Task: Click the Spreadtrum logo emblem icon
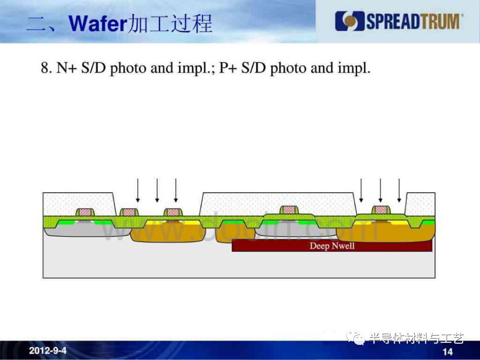coord(349,21)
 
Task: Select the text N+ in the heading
coord(66,68)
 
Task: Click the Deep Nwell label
coord(332,246)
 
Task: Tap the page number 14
coord(448,352)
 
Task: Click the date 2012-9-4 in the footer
coord(48,351)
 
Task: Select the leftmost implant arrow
coord(138,190)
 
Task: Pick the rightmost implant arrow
coord(399,190)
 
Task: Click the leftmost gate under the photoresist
coord(85,212)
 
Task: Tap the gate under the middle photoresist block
coord(289,210)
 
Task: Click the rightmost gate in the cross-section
coord(381,210)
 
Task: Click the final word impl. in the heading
coord(354,68)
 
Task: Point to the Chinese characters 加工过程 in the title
coord(170,24)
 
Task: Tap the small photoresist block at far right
coord(420,204)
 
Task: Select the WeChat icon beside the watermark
coord(356,337)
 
